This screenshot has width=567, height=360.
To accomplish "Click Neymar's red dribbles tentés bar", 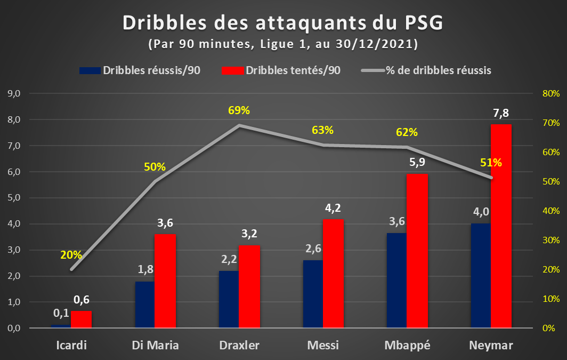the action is pos(501,226).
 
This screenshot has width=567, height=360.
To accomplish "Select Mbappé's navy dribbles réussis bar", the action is pos(396,281).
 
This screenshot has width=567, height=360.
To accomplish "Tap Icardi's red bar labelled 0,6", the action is pos(82,319).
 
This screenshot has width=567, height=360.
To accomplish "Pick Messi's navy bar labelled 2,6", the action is pos(313,294).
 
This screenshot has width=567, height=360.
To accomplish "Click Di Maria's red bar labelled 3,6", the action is pos(165,281).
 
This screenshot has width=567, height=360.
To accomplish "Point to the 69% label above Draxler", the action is pos(239,110).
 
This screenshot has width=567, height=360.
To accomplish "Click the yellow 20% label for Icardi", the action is pos(71,255).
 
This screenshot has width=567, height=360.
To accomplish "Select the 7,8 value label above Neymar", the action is pos(501,113).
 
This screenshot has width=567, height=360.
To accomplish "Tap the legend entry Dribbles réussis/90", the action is pos(140,70).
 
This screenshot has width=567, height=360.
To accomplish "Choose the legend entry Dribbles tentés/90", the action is pos(281,70).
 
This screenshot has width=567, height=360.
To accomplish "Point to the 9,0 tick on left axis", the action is pos(14,93).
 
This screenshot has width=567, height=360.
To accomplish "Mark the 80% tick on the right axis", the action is pos(551,93).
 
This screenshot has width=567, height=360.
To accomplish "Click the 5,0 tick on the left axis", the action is pos(14,198).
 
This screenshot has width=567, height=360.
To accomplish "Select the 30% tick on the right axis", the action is pos(551,240).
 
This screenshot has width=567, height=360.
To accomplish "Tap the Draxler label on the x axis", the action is pos(239,345).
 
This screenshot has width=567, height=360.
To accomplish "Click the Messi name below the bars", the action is pos(323,345).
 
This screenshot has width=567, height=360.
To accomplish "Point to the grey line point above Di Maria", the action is pos(155,181).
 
